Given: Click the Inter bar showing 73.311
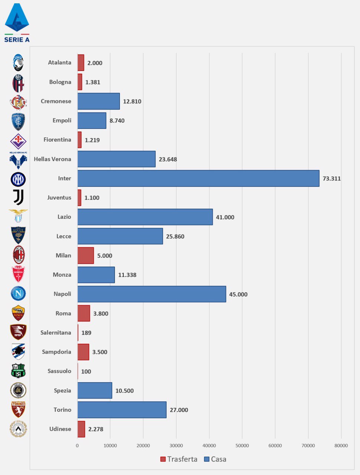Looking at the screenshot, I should (198, 178).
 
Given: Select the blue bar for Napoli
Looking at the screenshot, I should (151, 294).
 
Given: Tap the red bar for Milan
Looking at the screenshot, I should (86, 256).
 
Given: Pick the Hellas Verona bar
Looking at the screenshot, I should (116, 159).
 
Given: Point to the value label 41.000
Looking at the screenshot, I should (225, 217).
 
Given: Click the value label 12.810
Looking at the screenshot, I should (132, 102).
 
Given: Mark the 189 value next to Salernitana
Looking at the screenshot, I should (86, 333).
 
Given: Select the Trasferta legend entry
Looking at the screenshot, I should (179, 459).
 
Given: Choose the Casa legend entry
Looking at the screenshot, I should (215, 459).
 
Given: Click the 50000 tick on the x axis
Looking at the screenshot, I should (242, 446).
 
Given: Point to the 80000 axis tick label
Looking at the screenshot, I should (341, 446).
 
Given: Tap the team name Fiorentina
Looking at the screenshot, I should (57, 140).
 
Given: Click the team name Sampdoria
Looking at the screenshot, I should (56, 352).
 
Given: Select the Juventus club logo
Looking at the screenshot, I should (18, 197).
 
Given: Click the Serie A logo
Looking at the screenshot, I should (17, 22).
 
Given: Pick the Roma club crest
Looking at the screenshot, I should (18, 313).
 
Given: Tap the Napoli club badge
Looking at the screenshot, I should (18, 294).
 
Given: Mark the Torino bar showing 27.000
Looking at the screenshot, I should (122, 410).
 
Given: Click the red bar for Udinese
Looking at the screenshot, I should (81, 429).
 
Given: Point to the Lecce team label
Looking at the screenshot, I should (63, 236).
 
